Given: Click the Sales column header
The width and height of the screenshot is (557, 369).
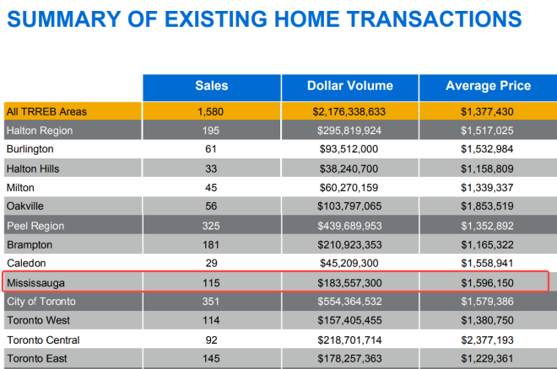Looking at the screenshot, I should [211, 86].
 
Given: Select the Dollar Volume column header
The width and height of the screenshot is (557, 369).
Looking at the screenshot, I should [349, 86].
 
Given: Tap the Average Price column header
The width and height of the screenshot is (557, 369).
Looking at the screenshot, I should [488, 86].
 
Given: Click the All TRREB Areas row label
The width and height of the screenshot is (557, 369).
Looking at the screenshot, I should [46, 111].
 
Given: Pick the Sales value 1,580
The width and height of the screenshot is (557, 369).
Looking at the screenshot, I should [211, 111].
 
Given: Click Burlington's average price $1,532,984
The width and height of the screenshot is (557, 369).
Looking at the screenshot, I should [488, 149].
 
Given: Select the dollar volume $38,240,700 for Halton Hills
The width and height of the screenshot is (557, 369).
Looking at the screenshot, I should [349, 168].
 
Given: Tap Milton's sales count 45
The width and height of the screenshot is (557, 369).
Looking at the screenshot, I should [211, 187].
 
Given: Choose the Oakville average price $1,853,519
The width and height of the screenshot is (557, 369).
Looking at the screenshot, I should [488, 206].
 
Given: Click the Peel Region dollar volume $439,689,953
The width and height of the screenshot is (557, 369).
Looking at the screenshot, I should [349, 226].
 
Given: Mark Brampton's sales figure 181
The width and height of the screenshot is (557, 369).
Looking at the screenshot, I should [211, 245].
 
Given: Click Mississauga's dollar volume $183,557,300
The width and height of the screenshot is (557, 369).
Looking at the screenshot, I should [349, 283].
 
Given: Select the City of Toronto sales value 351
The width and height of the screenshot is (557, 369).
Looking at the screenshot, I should [211, 302].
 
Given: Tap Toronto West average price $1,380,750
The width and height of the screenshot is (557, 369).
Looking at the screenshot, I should [488, 321].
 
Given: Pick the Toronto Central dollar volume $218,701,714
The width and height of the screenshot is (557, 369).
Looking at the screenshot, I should [349, 340].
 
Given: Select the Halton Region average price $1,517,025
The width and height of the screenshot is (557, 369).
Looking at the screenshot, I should [488, 131].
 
